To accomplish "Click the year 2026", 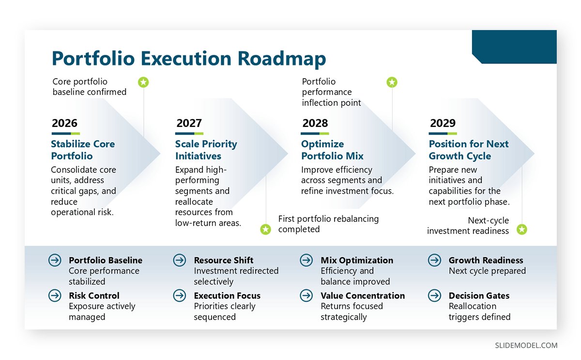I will coord(64,123).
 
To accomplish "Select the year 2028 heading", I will coord(315,123).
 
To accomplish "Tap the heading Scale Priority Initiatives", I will coord(206,150).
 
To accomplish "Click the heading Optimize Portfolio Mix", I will coord(332,150).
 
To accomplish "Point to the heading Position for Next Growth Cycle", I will coord(468,150).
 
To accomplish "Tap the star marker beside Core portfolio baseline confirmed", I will coord(143,82).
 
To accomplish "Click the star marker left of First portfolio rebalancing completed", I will coord(265,229).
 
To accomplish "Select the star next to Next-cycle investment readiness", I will coord(521,229).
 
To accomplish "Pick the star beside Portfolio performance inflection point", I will coord(392,82).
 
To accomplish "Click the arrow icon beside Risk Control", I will coord(55,296).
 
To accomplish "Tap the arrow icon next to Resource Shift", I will coord(180,260).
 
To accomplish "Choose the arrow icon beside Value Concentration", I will coord(306,296).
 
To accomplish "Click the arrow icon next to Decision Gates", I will coord(434,296).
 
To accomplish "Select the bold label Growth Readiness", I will coord(486,260).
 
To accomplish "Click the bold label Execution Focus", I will coord(227,296).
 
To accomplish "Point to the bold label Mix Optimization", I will coord(357,260).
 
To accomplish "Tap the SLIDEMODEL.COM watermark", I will coord(526,345).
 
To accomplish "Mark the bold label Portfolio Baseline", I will coord(106,260).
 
